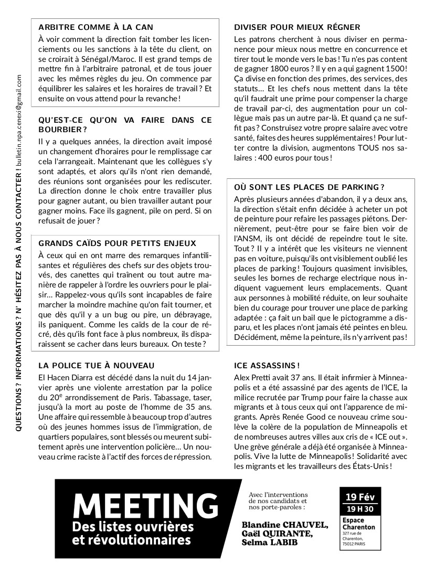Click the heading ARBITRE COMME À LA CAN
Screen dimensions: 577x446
click(96, 27)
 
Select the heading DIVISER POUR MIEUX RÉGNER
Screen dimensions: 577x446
click(297, 27)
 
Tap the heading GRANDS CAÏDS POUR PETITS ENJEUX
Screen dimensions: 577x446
click(118, 243)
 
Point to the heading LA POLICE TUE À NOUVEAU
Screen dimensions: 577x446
click(97, 365)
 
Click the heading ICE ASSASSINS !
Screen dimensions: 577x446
click(267, 365)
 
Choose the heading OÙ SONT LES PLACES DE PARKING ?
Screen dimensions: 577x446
click(310, 187)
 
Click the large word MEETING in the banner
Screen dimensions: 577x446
click(146, 505)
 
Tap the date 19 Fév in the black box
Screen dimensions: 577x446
click(360, 497)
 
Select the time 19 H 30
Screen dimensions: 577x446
click(360, 509)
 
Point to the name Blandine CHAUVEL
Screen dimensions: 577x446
click(285, 525)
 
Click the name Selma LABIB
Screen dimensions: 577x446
click(270, 542)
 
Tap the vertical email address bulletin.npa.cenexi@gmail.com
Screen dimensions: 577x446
click(19, 120)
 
